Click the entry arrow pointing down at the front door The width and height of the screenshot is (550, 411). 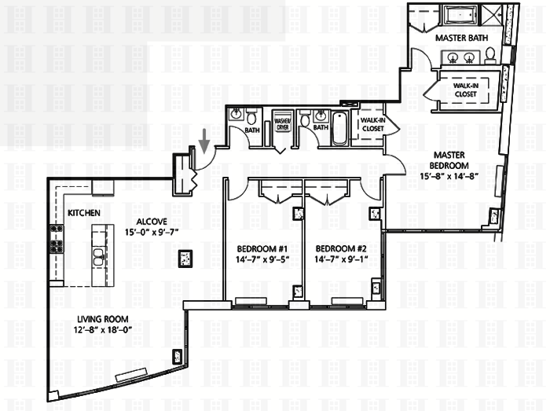[203, 141]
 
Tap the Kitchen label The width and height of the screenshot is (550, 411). [84, 213]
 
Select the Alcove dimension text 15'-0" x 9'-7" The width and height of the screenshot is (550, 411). [152, 232]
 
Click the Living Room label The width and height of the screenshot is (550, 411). [102, 319]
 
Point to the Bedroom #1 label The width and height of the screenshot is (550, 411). [262, 249]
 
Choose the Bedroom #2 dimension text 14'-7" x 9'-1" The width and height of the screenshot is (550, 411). [341, 259]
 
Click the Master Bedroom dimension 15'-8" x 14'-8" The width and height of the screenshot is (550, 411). [449, 176]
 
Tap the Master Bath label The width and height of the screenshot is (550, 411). [462, 38]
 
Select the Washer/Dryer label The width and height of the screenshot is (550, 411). [283, 124]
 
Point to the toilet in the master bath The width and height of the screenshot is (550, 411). [490, 56]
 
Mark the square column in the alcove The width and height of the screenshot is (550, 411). [185, 259]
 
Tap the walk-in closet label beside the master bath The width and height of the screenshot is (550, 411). [466, 90]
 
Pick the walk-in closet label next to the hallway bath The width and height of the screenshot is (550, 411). [373, 124]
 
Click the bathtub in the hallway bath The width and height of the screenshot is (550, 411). [339, 128]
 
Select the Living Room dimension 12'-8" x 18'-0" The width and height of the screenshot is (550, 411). [102, 329]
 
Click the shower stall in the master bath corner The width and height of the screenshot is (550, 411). [491, 15]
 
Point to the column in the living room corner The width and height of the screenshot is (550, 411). [177, 357]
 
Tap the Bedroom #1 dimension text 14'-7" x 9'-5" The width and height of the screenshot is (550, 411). [262, 259]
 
